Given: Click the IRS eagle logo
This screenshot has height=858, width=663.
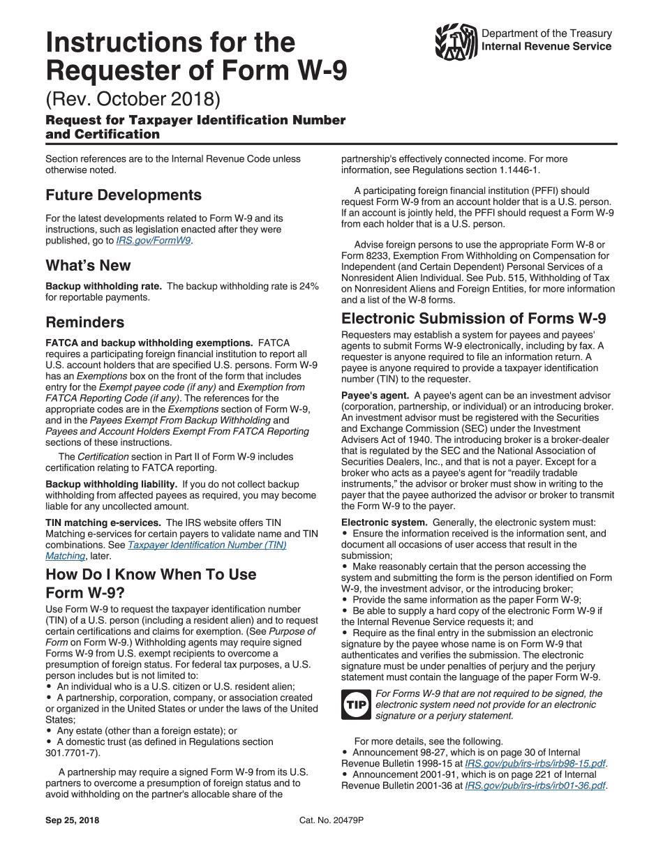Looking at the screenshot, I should click(x=456, y=42).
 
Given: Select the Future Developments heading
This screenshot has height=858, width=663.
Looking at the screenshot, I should click(x=124, y=195).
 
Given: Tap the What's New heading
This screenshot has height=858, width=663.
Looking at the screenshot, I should click(x=88, y=266).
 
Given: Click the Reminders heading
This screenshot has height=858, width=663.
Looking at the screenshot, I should click(x=85, y=322).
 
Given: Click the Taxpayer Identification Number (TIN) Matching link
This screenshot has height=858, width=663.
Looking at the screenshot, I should click(x=207, y=545).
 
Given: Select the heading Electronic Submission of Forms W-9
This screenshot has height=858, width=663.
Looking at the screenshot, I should click(x=473, y=319).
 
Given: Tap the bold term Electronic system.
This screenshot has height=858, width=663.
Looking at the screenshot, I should click(x=384, y=522).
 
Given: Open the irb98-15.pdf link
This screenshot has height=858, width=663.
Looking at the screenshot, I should click(x=535, y=764).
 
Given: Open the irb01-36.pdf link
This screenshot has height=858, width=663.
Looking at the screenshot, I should click(x=535, y=785).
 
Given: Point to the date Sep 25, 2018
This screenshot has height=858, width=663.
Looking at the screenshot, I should click(x=73, y=820).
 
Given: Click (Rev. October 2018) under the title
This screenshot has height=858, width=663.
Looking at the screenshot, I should click(x=133, y=99).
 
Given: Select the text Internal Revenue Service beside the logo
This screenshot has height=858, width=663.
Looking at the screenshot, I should click(x=546, y=47).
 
